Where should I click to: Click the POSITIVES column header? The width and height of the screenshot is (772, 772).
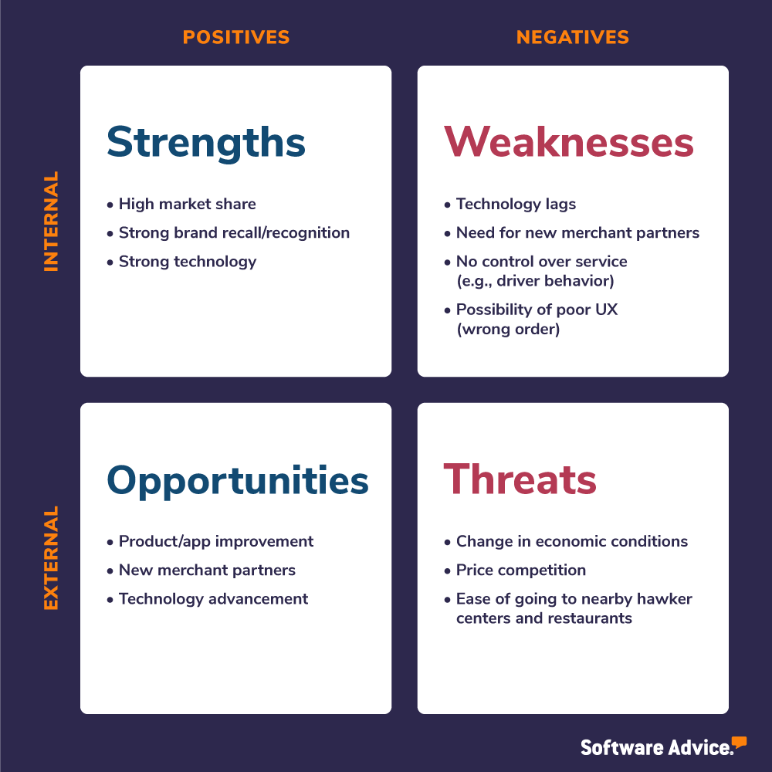(x=235, y=37)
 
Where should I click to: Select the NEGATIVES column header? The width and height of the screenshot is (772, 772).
(x=573, y=37)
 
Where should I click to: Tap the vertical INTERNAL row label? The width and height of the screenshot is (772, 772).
(x=51, y=221)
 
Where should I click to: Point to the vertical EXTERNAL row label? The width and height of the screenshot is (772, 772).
(x=51, y=558)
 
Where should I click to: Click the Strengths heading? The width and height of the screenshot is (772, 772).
(x=206, y=142)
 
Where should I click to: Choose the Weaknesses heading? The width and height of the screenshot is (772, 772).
(x=569, y=142)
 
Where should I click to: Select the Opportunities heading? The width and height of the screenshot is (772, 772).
(x=238, y=480)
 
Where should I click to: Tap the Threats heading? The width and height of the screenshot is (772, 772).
(x=520, y=479)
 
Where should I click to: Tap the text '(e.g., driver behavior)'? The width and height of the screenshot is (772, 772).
(x=536, y=281)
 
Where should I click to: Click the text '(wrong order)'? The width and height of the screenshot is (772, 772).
(x=508, y=329)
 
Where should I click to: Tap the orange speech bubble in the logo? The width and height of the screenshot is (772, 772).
(x=739, y=743)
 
